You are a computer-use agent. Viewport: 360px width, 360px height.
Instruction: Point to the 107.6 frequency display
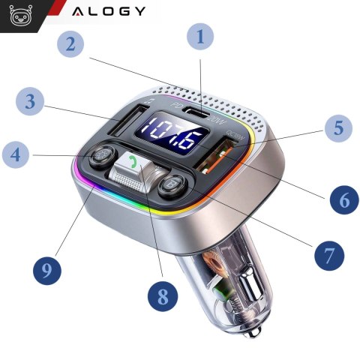[x=163, y=136]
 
